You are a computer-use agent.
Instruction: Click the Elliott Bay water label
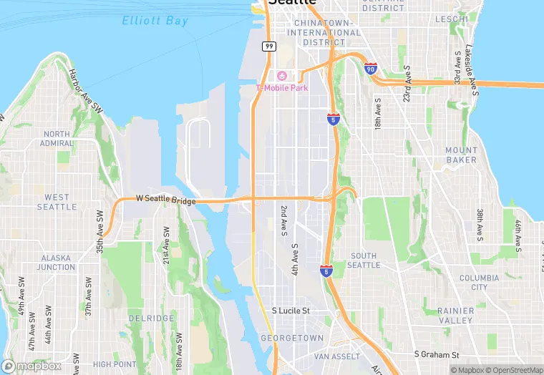155,21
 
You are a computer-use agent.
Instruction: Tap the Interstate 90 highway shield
370,69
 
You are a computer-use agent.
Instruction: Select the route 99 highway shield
268,47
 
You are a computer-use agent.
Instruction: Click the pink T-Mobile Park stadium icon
282,76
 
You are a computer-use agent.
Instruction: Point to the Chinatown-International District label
324,32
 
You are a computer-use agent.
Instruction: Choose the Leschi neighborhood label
451,19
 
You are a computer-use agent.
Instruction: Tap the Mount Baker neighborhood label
461,155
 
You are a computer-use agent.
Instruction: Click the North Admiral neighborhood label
57,139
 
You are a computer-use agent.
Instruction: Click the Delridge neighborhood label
151,318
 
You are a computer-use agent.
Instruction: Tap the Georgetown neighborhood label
292,338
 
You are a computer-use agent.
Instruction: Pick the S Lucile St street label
291,311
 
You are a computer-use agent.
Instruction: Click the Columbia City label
479,283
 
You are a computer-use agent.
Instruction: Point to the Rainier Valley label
455,316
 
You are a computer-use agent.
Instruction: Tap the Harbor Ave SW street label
83,89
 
